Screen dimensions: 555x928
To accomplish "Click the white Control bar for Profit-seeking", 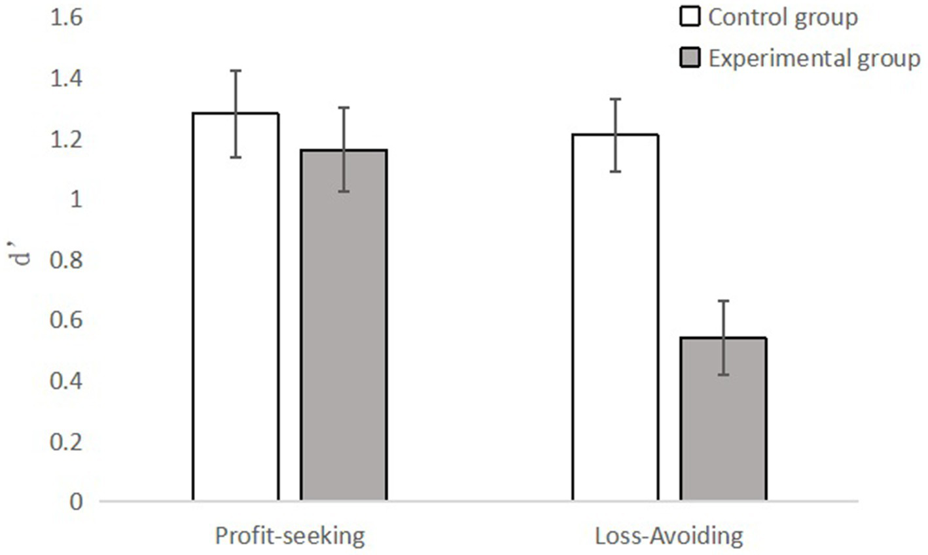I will tap(236, 308).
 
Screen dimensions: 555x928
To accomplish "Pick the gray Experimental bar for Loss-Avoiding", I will tap(723, 420).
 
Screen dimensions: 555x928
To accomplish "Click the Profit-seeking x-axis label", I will tap(290, 536).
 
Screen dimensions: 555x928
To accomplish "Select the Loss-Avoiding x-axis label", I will tap(669, 536).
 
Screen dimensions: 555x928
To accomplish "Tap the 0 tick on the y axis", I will tap(78, 502).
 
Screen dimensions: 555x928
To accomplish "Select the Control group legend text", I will tap(783, 18).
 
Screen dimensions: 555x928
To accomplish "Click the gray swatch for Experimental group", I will tap(690, 58).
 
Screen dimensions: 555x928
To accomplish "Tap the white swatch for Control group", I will tap(690, 18).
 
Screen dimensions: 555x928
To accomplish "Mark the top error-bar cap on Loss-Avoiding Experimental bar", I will tap(723, 300).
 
